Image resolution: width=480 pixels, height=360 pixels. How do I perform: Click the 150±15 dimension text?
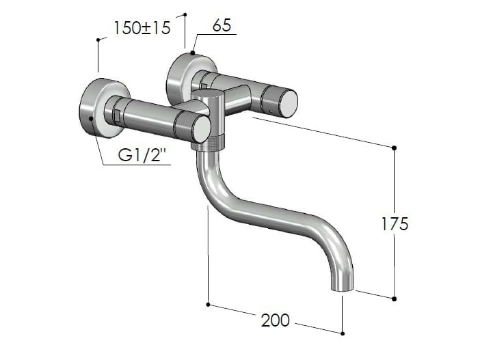tap(142, 29)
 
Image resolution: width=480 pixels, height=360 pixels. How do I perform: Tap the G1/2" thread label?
tap(144, 156)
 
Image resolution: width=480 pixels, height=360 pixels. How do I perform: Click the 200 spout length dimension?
tap(275, 320)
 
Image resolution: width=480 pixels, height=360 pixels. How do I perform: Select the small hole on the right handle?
tap(271, 108)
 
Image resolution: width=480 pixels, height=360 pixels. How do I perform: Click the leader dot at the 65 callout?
tap(194, 53)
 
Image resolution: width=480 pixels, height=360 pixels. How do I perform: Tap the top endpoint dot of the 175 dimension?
tap(394, 148)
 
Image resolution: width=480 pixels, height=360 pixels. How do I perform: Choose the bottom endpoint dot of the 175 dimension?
tap(394, 298)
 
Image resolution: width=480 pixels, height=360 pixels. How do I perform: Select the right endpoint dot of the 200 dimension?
tap(342, 333)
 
